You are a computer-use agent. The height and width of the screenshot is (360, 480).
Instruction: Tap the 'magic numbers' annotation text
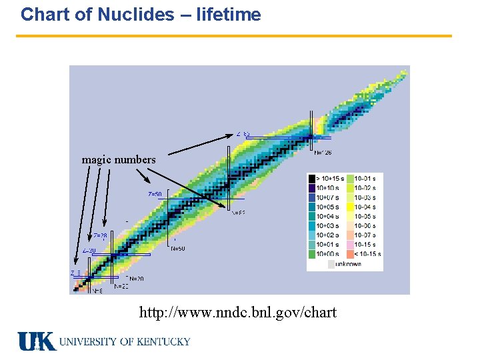119,160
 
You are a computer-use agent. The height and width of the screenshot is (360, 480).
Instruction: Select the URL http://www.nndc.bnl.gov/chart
237,312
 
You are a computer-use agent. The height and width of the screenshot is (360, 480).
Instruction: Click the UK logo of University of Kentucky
37,341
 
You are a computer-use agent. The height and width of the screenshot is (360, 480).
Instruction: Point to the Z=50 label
155,194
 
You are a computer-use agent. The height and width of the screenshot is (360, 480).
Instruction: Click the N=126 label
323,153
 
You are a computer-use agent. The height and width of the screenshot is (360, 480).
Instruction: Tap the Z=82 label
243,134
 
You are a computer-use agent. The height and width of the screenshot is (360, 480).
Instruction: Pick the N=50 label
178,249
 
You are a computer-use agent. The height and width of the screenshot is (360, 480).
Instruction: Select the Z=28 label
100,236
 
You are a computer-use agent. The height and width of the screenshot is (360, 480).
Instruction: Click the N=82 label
238,213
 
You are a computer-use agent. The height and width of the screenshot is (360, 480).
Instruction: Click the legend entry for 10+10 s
329,188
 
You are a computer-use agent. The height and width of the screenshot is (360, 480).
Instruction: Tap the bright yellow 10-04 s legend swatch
351,207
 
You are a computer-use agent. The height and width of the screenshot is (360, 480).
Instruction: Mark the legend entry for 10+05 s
329,207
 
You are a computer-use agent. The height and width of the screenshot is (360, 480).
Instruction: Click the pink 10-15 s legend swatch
351,245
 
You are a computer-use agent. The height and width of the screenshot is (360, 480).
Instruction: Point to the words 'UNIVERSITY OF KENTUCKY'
125,341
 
